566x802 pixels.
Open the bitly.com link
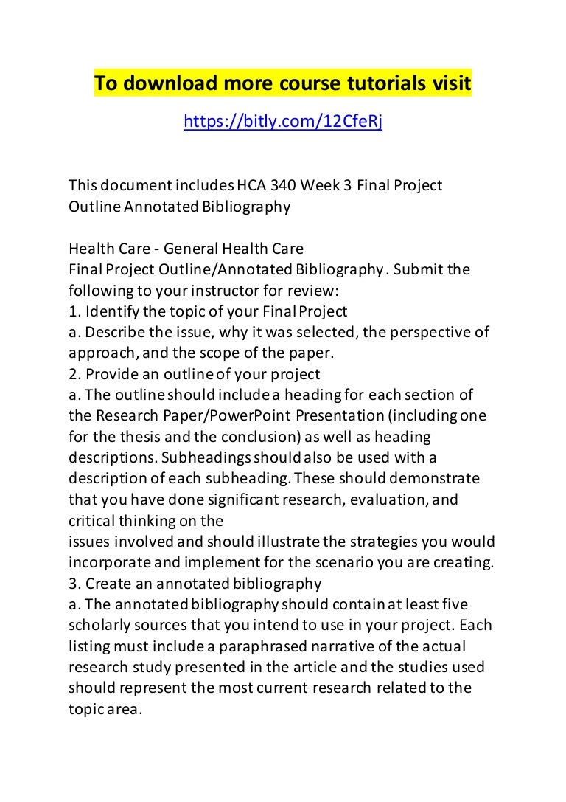(283, 122)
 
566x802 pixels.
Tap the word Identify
(113, 311)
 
